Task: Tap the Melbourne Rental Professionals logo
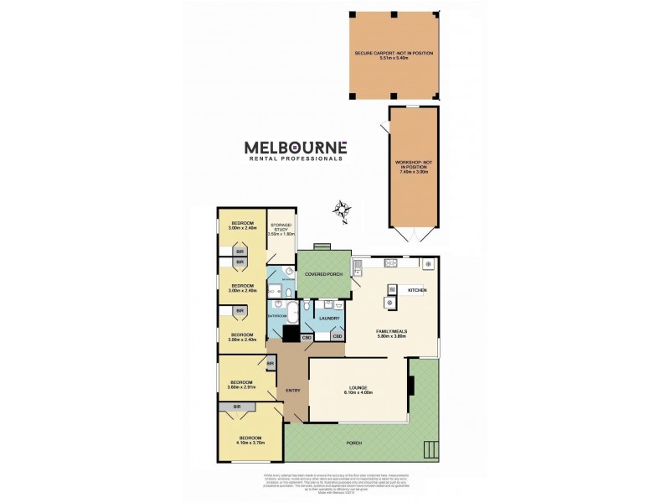295,149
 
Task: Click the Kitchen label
416,290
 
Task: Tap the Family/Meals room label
391,332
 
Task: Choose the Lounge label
358,387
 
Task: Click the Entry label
292,391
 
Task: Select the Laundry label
327,318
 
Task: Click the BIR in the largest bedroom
238,406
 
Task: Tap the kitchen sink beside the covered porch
358,270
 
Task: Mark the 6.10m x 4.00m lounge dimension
358,392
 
